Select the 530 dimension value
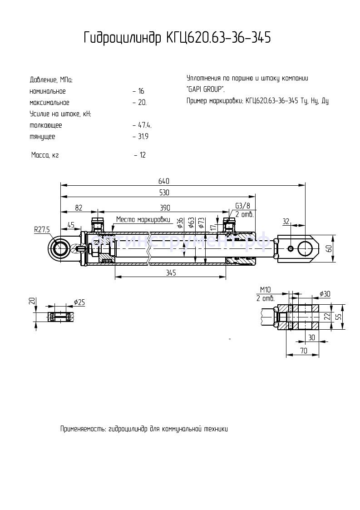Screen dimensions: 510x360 (x=164, y=193)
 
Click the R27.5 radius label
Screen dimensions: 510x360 (x=42, y=230)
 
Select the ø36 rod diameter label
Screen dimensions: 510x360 (x=180, y=222)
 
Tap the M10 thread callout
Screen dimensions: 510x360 (x=266, y=290)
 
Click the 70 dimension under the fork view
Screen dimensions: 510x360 (x=303, y=351)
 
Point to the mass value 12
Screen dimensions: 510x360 (x=143, y=155)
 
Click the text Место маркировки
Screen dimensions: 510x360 (x=143, y=219)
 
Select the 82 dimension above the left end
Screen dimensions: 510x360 (x=79, y=208)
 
